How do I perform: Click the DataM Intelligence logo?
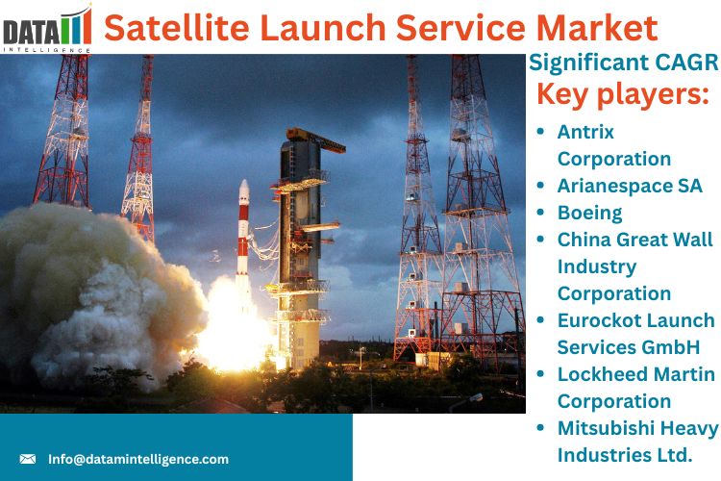coord(47,29)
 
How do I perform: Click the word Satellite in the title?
coord(177,28)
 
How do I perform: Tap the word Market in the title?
coord(597,28)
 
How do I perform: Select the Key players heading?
coord(623,94)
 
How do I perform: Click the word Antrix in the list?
coord(585,132)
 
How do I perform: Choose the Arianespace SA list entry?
coord(630,186)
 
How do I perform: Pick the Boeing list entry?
coord(590,214)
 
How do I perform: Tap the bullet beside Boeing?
coord(540,213)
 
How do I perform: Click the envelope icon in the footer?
coord(28,459)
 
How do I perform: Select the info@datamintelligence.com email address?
coord(138,460)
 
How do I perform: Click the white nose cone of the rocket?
coord(244,191)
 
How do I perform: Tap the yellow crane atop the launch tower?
coord(315,139)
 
